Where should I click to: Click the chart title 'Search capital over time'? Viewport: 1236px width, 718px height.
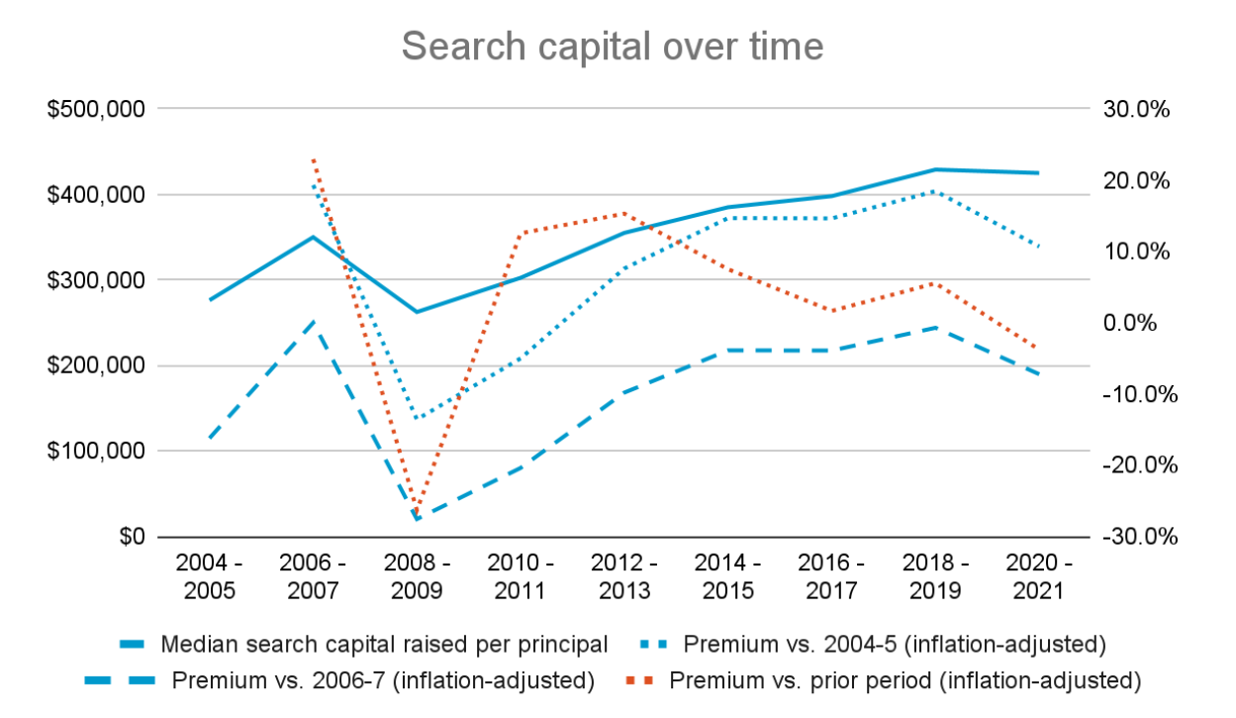(x=613, y=47)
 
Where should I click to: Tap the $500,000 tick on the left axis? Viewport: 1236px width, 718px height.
(x=97, y=109)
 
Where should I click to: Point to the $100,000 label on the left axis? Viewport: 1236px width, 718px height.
(x=97, y=452)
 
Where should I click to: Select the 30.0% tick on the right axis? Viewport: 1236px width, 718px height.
(x=1136, y=109)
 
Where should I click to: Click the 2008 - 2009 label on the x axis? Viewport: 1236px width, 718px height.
(x=417, y=576)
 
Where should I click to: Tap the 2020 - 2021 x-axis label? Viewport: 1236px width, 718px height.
(x=1038, y=576)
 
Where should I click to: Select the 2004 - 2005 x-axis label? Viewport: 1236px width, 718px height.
(x=210, y=576)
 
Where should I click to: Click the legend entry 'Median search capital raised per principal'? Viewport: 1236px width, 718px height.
(x=383, y=645)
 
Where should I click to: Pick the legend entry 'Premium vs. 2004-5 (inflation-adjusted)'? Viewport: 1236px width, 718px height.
(x=894, y=645)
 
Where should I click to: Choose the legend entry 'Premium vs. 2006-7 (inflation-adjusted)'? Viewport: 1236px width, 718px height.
(x=383, y=680)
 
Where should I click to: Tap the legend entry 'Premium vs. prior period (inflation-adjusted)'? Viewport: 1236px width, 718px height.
(x=905, y=680)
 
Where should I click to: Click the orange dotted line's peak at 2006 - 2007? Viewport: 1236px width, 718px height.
(x=314, y=158)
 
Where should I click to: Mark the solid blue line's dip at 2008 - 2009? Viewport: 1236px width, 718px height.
(x=417, y=312)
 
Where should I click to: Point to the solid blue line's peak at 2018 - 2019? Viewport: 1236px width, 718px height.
(x=934, y=169)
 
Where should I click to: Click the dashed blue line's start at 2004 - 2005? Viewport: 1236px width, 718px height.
(x=210, y=437)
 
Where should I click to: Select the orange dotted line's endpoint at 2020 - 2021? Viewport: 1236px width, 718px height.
(x=1038, y=349)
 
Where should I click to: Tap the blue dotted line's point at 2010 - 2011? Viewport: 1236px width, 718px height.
(x=521, y=359)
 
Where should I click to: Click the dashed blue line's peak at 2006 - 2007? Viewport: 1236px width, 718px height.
(x=314, y=321)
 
